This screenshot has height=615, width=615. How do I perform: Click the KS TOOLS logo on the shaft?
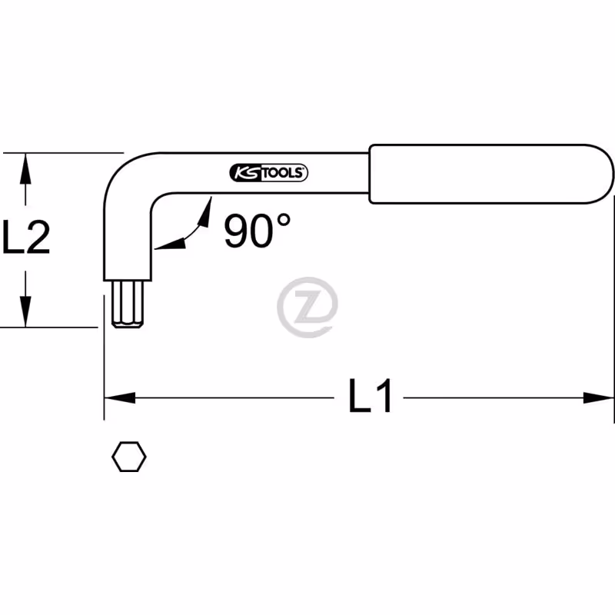tap(268, 173)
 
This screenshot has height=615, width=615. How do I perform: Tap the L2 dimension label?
tap(26, 237)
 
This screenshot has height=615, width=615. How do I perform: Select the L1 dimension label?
tap(370, 395)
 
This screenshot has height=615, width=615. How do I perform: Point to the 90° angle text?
tap(257, 231)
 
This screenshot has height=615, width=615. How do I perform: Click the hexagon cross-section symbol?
tap(129, 457)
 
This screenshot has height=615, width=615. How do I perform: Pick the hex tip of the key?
tap(127, 304)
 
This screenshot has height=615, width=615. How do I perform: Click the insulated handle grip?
tap(491, 174)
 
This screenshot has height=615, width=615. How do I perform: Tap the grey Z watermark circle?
tap(307, 307)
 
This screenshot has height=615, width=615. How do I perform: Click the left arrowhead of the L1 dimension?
tap(120, 397)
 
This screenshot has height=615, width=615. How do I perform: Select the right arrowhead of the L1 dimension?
tap(598, 397)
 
